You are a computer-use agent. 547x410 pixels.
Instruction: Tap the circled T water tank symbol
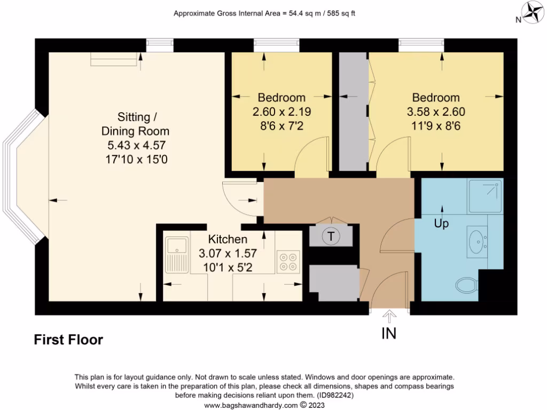point(331,236)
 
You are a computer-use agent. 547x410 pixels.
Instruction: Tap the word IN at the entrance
point(388,333)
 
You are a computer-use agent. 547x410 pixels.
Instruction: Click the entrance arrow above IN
point(389,317)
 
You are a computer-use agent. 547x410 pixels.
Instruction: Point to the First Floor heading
point(68,340)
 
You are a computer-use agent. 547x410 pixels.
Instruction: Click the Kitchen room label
point(228,239)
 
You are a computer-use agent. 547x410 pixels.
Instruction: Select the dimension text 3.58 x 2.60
point(435,112)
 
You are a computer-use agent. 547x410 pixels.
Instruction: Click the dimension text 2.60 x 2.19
point(282,112)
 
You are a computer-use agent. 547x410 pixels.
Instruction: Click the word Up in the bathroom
point(441,224)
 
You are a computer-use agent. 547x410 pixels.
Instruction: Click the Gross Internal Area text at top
point(264,13)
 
